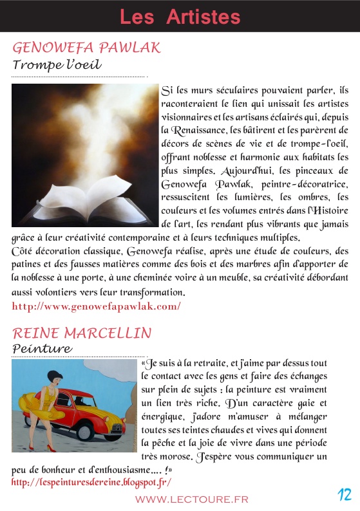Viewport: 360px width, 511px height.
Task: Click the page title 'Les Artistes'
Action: click(180, 17)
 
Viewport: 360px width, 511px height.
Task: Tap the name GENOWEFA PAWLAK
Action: click(86, 48)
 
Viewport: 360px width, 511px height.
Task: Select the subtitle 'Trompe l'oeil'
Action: click(58, 65)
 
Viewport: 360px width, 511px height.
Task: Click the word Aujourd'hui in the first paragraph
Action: click(245, 171)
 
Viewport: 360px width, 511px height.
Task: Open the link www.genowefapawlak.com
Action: click(97, 306)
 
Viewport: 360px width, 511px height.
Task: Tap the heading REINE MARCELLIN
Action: click(82, 333)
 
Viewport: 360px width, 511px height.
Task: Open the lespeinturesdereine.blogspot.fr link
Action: click(91, 481)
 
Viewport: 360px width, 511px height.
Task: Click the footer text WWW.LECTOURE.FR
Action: click(191, 499)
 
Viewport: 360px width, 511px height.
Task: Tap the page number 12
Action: click(345, 495)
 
